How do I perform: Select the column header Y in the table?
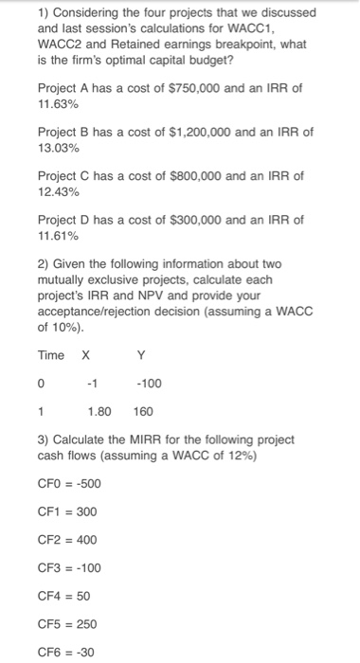141,355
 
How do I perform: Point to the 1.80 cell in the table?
99,413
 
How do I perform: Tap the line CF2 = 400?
67,540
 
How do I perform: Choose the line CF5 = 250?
67,625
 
